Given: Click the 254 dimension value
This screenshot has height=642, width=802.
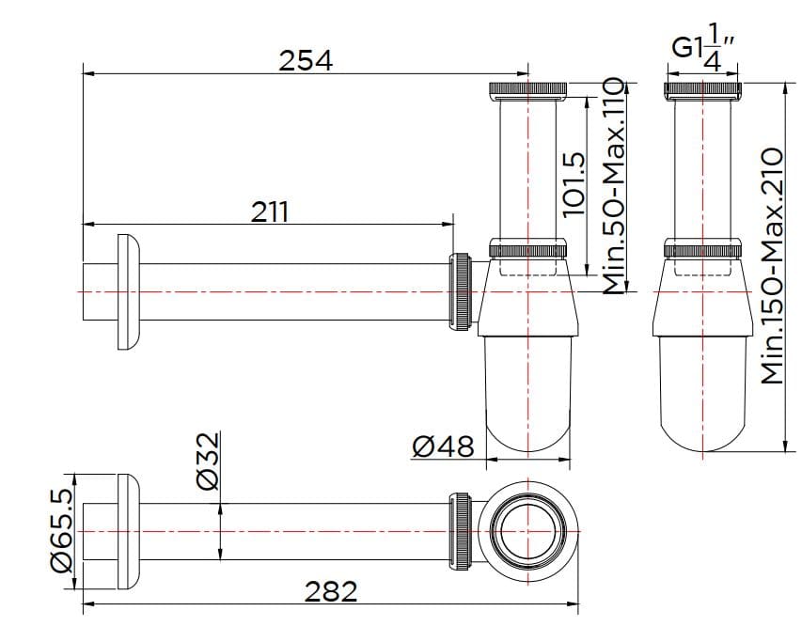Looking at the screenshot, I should click(x=306, y=60).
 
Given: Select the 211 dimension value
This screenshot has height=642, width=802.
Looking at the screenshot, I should click(x=270, y=211).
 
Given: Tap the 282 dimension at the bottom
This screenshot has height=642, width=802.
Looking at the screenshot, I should click(x=331, y=591).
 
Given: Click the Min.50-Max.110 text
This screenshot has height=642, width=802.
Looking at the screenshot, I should click(x=613, y=187).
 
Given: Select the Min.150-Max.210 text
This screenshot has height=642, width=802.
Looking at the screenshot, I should click(x=772, y=265).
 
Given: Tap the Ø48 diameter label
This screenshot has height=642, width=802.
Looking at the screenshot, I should click(x=442, y=445).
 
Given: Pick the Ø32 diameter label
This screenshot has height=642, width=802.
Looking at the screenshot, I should click(x=208, y=461).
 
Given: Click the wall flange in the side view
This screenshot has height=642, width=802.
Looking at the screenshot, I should click(x=129, y=291).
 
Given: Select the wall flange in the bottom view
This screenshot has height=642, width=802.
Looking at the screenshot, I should click(x=129, y=532).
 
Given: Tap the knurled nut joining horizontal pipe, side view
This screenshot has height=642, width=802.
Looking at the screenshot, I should click(x=463, y=291).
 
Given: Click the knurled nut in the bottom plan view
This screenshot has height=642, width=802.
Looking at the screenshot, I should click(x=463, y=532).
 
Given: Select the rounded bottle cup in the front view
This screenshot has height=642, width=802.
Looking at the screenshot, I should click(x=704, y=395).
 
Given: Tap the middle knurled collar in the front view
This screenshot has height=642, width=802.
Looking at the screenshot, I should click(x=704, y=249).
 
